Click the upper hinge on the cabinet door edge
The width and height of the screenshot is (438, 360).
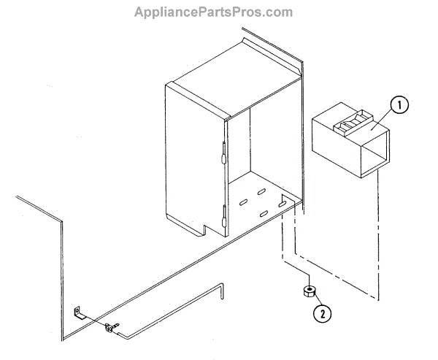point(222,154)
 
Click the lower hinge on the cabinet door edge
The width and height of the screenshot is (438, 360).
point(222,217)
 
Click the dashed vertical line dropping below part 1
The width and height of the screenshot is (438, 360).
point(379,241)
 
